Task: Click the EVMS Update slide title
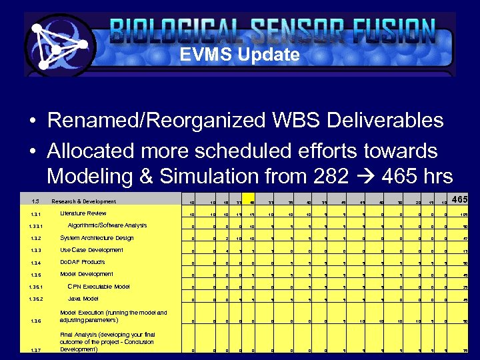[239, 55]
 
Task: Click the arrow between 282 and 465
[372, 177]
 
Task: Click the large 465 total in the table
[458, 201]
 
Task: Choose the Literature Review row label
[83, 213]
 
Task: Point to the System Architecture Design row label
[97, 238]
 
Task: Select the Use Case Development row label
[91, 250]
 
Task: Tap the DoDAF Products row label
[83, 262]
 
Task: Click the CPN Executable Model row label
[99, 287]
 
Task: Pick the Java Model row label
[83, 299]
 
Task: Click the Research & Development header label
[84, 201]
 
